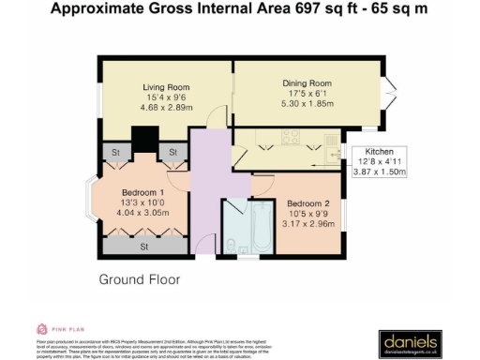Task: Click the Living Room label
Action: tap(158, 87)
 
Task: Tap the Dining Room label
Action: tap(307, 83)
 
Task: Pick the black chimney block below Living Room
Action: tap(143, 139)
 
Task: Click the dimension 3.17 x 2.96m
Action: tap(308, 225)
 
